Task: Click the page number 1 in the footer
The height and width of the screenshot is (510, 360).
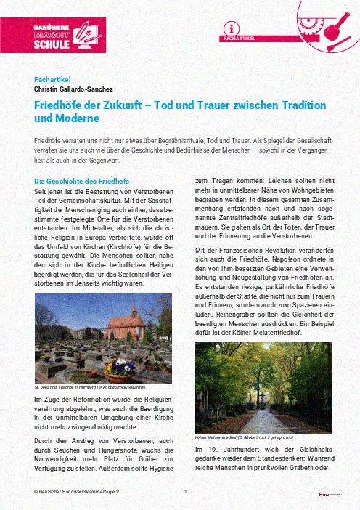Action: click(186, 492)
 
